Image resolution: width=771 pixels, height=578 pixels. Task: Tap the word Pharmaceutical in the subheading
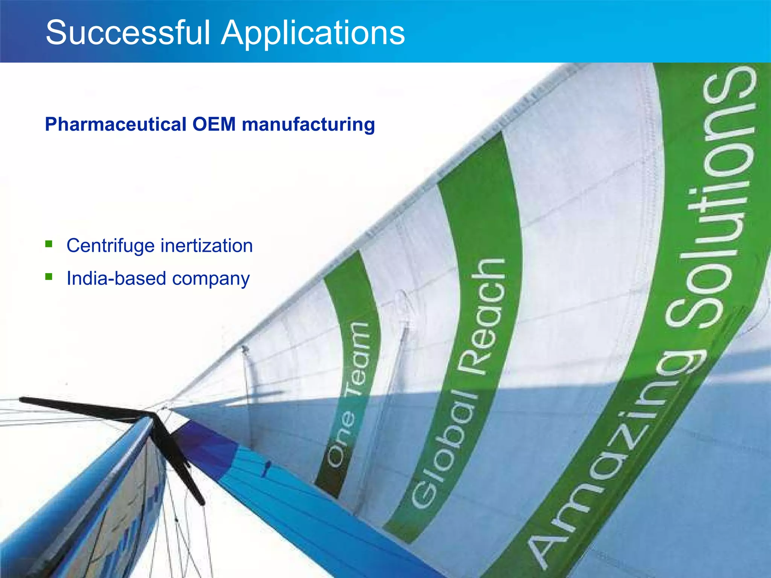[116, 125]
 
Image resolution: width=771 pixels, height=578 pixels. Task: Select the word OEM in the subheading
[214, 125]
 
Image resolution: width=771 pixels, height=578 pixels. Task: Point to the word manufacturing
[308, 125]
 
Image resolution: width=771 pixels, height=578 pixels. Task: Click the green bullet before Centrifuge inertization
[49, 245]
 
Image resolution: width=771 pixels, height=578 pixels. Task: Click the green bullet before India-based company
[49, 277]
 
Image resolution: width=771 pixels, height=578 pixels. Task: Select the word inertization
[207, 246]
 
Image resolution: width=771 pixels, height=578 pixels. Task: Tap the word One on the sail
[341, 438]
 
